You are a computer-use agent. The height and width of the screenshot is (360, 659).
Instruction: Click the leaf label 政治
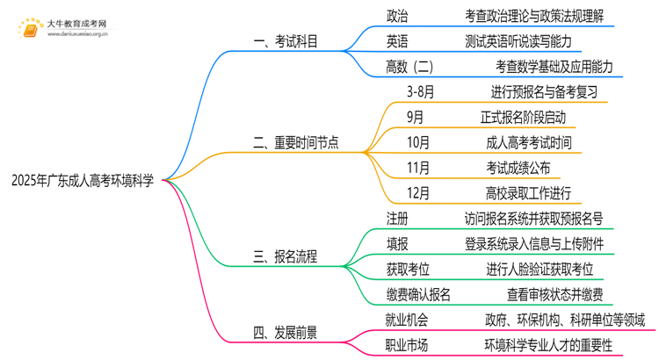point(397,17)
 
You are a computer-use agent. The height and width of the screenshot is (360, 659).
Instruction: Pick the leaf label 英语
point(397,41)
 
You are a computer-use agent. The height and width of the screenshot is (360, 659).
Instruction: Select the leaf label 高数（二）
point(409,67)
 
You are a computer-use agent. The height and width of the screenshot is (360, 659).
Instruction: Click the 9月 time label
point(416,117)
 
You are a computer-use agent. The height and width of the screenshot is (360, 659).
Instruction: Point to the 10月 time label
point(419,142)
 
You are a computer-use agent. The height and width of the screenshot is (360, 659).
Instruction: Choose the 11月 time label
point(419,168)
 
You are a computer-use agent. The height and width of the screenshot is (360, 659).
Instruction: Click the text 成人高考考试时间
point(528,142)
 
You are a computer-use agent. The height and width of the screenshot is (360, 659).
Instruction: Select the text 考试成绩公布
point(518,168)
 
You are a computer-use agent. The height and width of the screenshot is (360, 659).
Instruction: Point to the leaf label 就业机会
point(408,320)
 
